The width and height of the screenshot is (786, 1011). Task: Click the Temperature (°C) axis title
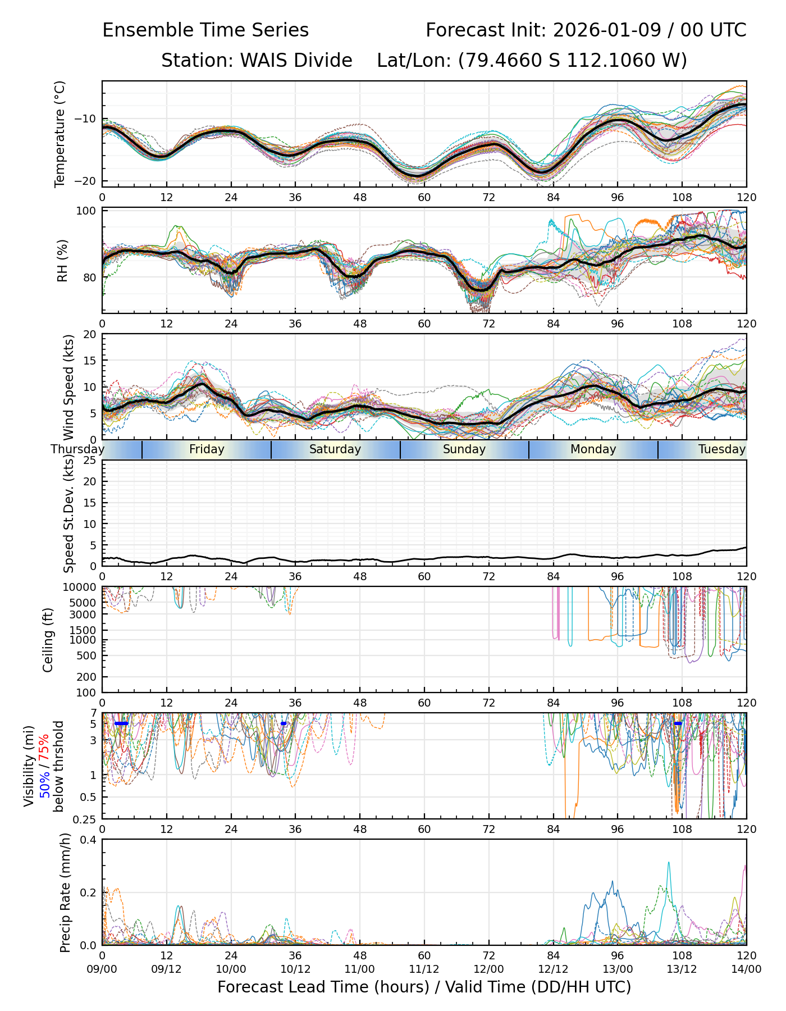pos(60,134)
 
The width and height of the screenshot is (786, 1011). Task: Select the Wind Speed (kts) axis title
pos(68,387)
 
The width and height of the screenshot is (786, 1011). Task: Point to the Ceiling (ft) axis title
pos(48,640)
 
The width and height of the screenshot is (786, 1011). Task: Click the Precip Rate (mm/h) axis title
pos(65,892)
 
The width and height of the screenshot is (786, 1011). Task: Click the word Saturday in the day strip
pos(335,449)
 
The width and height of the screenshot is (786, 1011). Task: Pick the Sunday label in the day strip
pos(464,449)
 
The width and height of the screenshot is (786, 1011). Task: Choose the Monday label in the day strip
pos(593,449)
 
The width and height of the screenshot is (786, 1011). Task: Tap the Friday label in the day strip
pos(207,449)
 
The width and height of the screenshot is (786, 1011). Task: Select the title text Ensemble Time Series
pos(205,30)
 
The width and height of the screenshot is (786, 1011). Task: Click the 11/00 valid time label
pos(360,969)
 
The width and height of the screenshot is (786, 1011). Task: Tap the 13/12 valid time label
pos(682,969)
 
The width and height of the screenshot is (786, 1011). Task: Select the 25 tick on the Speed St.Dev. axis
pos(89,461)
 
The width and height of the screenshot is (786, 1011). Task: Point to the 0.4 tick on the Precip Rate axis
pos(88,840)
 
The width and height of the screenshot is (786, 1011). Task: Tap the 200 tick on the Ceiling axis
pos(86,677)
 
